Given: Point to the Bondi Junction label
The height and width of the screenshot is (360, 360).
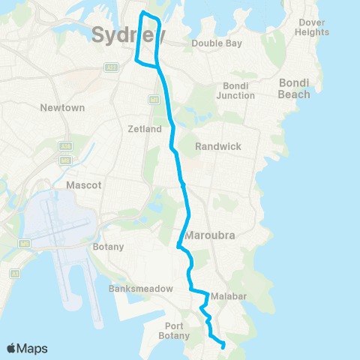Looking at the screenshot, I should click(x=235, y=91).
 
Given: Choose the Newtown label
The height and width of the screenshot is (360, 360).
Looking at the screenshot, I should click(x=57, y=107).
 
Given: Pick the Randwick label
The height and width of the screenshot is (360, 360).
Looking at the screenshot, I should click(x=217, y=146).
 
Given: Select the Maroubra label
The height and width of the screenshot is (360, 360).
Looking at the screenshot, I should click(x=211, y=235).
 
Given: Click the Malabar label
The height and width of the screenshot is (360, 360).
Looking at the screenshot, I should click(x=229, y=296).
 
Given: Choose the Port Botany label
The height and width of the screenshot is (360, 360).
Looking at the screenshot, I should click(x=179, y=330).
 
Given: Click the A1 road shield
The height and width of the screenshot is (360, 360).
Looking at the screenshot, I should click(x=13, y=274).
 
